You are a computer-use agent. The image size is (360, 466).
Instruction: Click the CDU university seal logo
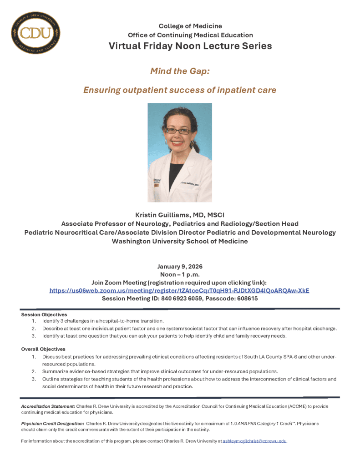[35, 32]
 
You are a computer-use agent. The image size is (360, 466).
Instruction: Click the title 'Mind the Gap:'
[179, 71]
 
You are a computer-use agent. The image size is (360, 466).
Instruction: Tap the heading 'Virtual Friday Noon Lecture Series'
[190, 46]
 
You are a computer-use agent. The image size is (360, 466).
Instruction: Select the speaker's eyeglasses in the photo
[177, 131]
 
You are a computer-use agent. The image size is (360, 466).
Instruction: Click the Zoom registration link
[179, 290]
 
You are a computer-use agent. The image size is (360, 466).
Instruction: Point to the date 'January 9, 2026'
[179, 266]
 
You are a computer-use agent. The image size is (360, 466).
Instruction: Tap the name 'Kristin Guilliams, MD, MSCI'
[179, 215]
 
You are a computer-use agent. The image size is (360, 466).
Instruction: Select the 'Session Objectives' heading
[44, 314]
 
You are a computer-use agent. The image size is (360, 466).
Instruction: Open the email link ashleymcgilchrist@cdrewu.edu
[254, 441]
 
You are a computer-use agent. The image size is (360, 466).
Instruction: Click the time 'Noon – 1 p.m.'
[179, 274]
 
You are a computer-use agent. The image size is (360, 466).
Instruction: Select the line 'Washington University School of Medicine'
[179, 241]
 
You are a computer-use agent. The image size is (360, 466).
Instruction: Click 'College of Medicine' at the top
[190, 26]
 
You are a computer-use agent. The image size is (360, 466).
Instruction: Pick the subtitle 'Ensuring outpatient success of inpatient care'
[179, 90]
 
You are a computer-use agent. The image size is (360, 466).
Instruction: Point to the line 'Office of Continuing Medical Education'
[190, 35]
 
